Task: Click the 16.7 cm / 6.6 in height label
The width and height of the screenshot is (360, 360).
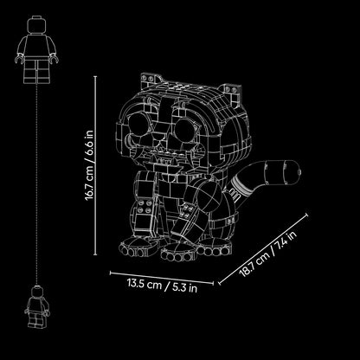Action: tap(89, 165)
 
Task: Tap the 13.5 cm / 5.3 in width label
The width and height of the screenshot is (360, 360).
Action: tap(163, 286)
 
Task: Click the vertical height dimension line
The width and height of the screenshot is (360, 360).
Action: tap(95, 165)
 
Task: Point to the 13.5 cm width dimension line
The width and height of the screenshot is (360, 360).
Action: tap(162, 278)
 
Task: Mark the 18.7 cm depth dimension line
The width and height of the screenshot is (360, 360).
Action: tap(263, 249)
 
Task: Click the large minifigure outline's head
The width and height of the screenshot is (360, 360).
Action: tap(36, 24)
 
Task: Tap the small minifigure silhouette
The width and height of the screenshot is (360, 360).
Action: tap(37, 306)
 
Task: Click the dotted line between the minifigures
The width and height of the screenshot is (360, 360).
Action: tap(36, 184)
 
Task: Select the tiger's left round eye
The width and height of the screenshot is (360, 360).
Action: tap(138, 124)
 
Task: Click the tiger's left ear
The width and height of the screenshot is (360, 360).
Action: tap(151, 80)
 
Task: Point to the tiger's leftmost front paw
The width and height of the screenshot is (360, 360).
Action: tap(138, 247)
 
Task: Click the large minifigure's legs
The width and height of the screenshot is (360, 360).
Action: tap(36, 71)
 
